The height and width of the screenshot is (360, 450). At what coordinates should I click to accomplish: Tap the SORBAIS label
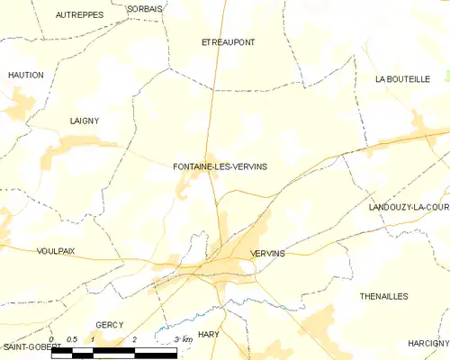[x=145, y=8]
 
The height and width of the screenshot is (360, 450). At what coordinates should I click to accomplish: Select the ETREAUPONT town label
[x=228, y=42]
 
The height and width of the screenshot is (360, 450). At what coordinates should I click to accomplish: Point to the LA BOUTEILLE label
[x=402, y=79]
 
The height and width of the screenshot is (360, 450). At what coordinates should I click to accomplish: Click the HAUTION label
[x=25, y=75]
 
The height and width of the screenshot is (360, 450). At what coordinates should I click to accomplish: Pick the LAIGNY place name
[x=85, y=120]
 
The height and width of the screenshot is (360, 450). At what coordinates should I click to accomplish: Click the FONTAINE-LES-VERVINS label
[x=220, y=166]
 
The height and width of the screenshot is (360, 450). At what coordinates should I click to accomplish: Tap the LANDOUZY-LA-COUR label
[x=409, y=207]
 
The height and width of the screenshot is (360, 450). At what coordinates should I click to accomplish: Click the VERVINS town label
[x=268, y=254]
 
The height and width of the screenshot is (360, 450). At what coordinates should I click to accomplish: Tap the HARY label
[x=209, y=334]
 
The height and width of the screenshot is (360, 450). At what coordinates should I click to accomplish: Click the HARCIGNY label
[x=427, y=343]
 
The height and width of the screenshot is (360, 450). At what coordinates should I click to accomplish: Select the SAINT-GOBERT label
[x=25, y=346]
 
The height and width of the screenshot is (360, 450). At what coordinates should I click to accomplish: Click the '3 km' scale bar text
[x=184, y=339]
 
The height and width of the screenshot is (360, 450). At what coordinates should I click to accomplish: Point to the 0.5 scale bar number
[x=72, y=339]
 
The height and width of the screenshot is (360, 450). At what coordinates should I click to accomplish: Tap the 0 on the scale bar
[x=51, y=339]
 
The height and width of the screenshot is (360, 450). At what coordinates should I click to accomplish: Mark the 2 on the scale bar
[x=134, y=339]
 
